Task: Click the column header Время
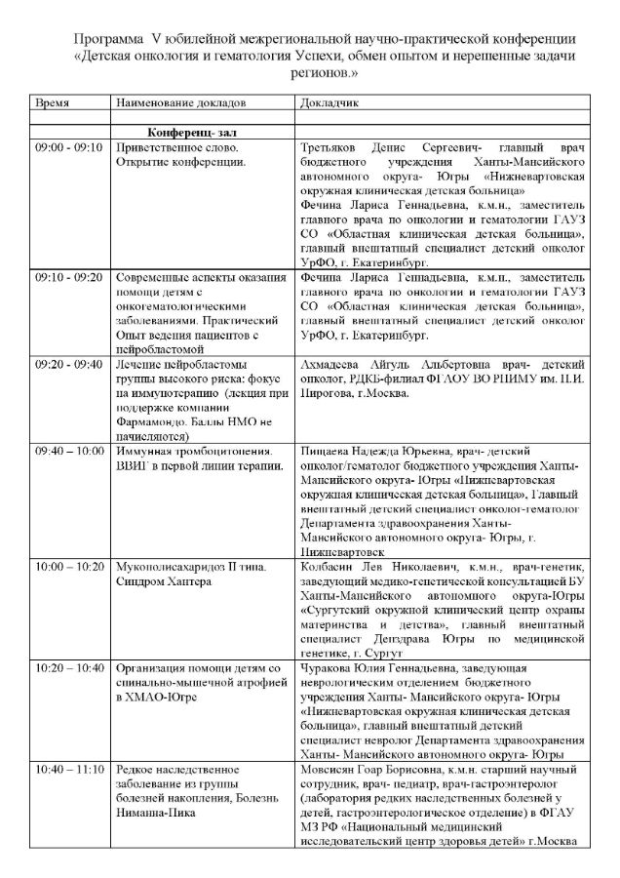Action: pyautogui.click(x=53, y=102)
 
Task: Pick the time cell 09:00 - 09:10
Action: pyautogui.click(x=68, y=146)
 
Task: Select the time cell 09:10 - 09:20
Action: pyautogui.click(x=68, y=278)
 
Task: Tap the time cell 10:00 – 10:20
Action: pyautogui.click(x=69, y=566)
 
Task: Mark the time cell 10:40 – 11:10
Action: pyautogui.click(x=69, y=770)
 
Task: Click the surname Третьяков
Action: pyautogui.click(x=331, y=146)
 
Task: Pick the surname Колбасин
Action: pyautogui.click(x=329, y=566)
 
